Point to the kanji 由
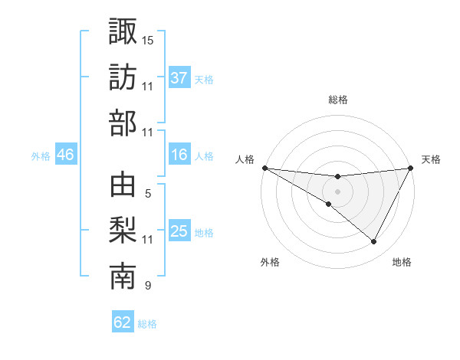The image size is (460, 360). click(x=123, y=186)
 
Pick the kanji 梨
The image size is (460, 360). click(x=123, y=232)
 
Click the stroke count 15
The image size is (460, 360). click(x=148, y=40)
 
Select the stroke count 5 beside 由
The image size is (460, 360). click(x=147, y=194)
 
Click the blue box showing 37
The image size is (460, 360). click(x=179, y=77)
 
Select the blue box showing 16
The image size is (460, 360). click(x=179, y=155)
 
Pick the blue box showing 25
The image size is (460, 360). click(x=179, y=231)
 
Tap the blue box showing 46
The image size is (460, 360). click(x=66, y=155)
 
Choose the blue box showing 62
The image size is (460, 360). click(x=123, y=322)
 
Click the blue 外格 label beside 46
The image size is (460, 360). click(x=41, y=156)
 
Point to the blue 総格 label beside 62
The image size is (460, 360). click(x=147, y=324)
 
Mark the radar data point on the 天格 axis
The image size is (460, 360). click(x=412, y=168)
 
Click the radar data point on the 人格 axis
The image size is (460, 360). click(x=264, y=167)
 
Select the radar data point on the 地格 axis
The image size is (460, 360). click(x=374, y=242)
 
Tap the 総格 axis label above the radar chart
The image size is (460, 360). click(x=338, y=100)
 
